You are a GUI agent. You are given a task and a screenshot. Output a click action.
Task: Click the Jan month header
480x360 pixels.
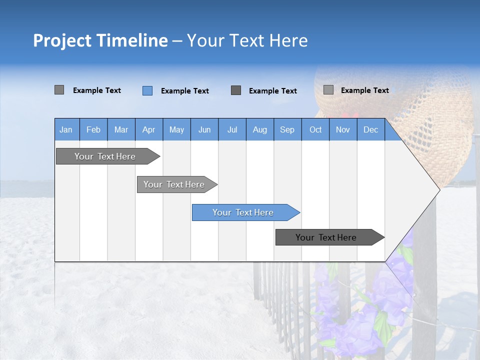[66, 129]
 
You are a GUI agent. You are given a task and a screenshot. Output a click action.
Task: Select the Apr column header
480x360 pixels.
[149, 129]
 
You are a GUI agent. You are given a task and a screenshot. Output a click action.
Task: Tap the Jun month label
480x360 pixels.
[204, 129]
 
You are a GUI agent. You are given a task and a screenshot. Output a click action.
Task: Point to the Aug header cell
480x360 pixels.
[260, 129]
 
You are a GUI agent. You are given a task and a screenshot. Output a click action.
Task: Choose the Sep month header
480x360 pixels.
[287, 129]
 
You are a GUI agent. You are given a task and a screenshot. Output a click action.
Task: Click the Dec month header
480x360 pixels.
[371, 129]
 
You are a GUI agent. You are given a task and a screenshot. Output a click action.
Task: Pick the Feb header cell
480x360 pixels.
[93, 129]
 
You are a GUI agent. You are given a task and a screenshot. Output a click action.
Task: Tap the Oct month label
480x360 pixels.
[315, 129]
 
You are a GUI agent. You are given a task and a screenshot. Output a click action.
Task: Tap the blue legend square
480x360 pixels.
[147, 90]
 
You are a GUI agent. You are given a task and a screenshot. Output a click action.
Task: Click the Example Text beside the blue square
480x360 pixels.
[185, 91]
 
